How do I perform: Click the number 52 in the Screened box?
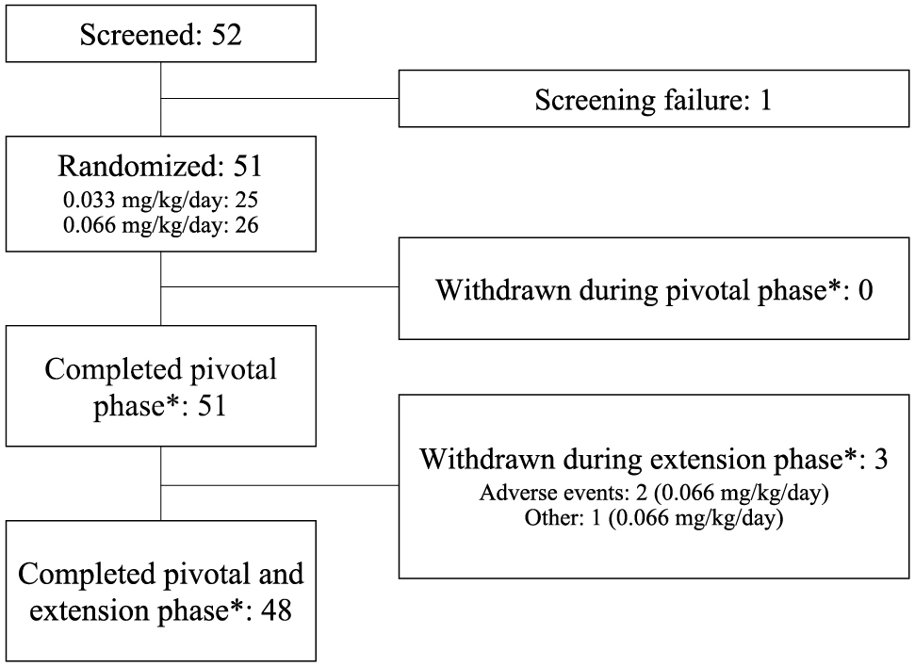point(226,35)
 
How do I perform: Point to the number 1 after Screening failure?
point(765,100)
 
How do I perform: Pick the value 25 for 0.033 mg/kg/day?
point(246,200)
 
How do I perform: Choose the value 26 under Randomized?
point(246,225)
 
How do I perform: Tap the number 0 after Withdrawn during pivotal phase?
point(866,290)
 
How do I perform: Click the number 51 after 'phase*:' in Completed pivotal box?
point(211,405)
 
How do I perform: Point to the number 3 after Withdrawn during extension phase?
point(880,459)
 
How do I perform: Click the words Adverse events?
point(551,493)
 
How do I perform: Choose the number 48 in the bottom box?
point(276,610)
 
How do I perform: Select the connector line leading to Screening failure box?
point(280,99)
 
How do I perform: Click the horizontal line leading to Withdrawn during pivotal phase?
point(280,287)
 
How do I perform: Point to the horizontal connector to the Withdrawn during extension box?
point(280,485)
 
